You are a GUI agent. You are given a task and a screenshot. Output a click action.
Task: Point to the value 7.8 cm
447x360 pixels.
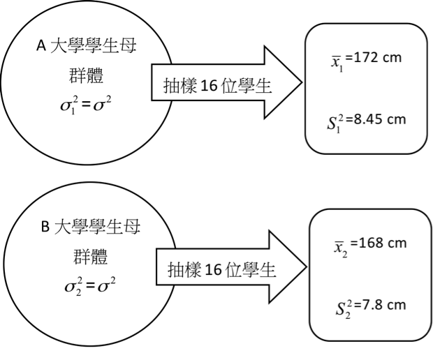point(380,305)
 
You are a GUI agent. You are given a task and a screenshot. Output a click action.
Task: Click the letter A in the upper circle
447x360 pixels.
point(41,46)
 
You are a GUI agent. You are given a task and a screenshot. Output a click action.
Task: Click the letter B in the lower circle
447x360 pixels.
point(45,227)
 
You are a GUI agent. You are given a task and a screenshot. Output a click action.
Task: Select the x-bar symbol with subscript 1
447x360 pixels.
point(337,63)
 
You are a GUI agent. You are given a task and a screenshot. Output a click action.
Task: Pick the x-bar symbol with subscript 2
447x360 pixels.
point(341,248)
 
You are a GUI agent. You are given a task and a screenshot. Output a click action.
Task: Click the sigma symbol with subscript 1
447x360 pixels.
point(69,105)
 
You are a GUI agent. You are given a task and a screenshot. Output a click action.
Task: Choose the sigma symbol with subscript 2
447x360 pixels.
point(73,287)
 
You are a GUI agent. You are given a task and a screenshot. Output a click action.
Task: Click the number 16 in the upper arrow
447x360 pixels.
point(209,85)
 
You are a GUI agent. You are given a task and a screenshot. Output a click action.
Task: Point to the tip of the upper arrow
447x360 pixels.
point(302,82)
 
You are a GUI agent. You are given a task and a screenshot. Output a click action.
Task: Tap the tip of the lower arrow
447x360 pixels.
point(306,267)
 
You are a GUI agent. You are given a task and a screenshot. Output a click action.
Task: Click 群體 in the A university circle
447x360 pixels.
point(86,75)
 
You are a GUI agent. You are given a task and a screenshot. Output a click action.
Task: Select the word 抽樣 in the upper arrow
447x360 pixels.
point(180,86)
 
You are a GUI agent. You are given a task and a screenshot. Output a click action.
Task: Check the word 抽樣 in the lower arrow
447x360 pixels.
point(184,270)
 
